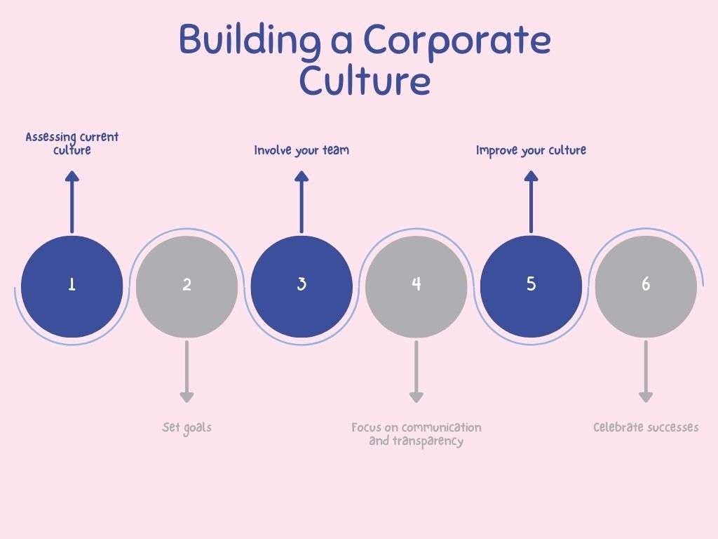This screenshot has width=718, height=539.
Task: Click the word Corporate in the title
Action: [x=457, y=41]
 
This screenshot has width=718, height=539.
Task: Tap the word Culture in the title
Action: [x=365, y=81]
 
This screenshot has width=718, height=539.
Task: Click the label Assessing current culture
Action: [x=72, y=143]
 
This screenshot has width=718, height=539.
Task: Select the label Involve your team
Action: [x=302, y=150]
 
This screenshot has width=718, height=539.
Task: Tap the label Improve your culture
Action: [x=531, y=150]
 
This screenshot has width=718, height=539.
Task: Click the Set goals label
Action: [x=187, y=427]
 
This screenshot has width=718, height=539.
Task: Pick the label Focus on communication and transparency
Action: [x=416, y=434]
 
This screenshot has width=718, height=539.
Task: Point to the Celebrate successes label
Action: [x=646, y=427]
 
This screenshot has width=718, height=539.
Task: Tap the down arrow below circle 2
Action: [x=187, y=372]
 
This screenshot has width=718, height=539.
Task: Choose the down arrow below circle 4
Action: [x=416, y=372]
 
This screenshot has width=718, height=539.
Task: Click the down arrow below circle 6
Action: [x=646, y=372]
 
